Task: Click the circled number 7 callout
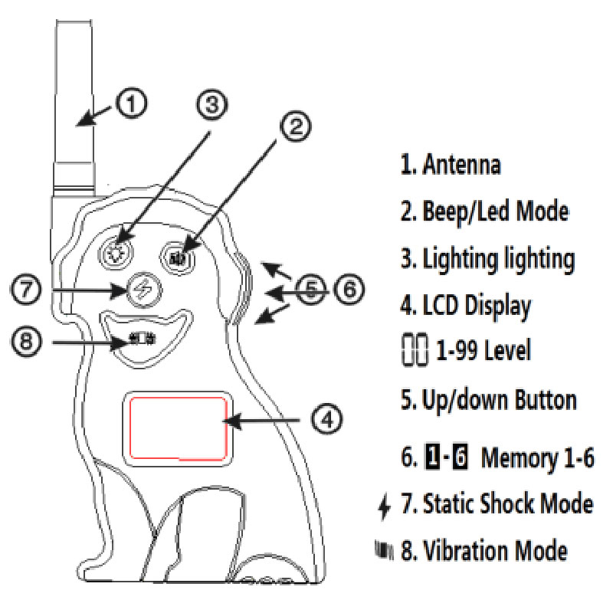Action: pyautogui.click(x=27, y=290)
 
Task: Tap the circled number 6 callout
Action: pyautogui.click(x=348, y=290)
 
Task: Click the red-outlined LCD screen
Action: pyautogui.click(x=178, y=428)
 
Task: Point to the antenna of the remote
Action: pyautogui.click(x=74, y=100)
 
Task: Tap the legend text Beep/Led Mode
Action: pyautogui.click(x=495, y=211)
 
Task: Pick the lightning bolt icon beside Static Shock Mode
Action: pyautogui.click(x=385, y=505)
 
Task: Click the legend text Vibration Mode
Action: pyautogui.click(x=503, y=551)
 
